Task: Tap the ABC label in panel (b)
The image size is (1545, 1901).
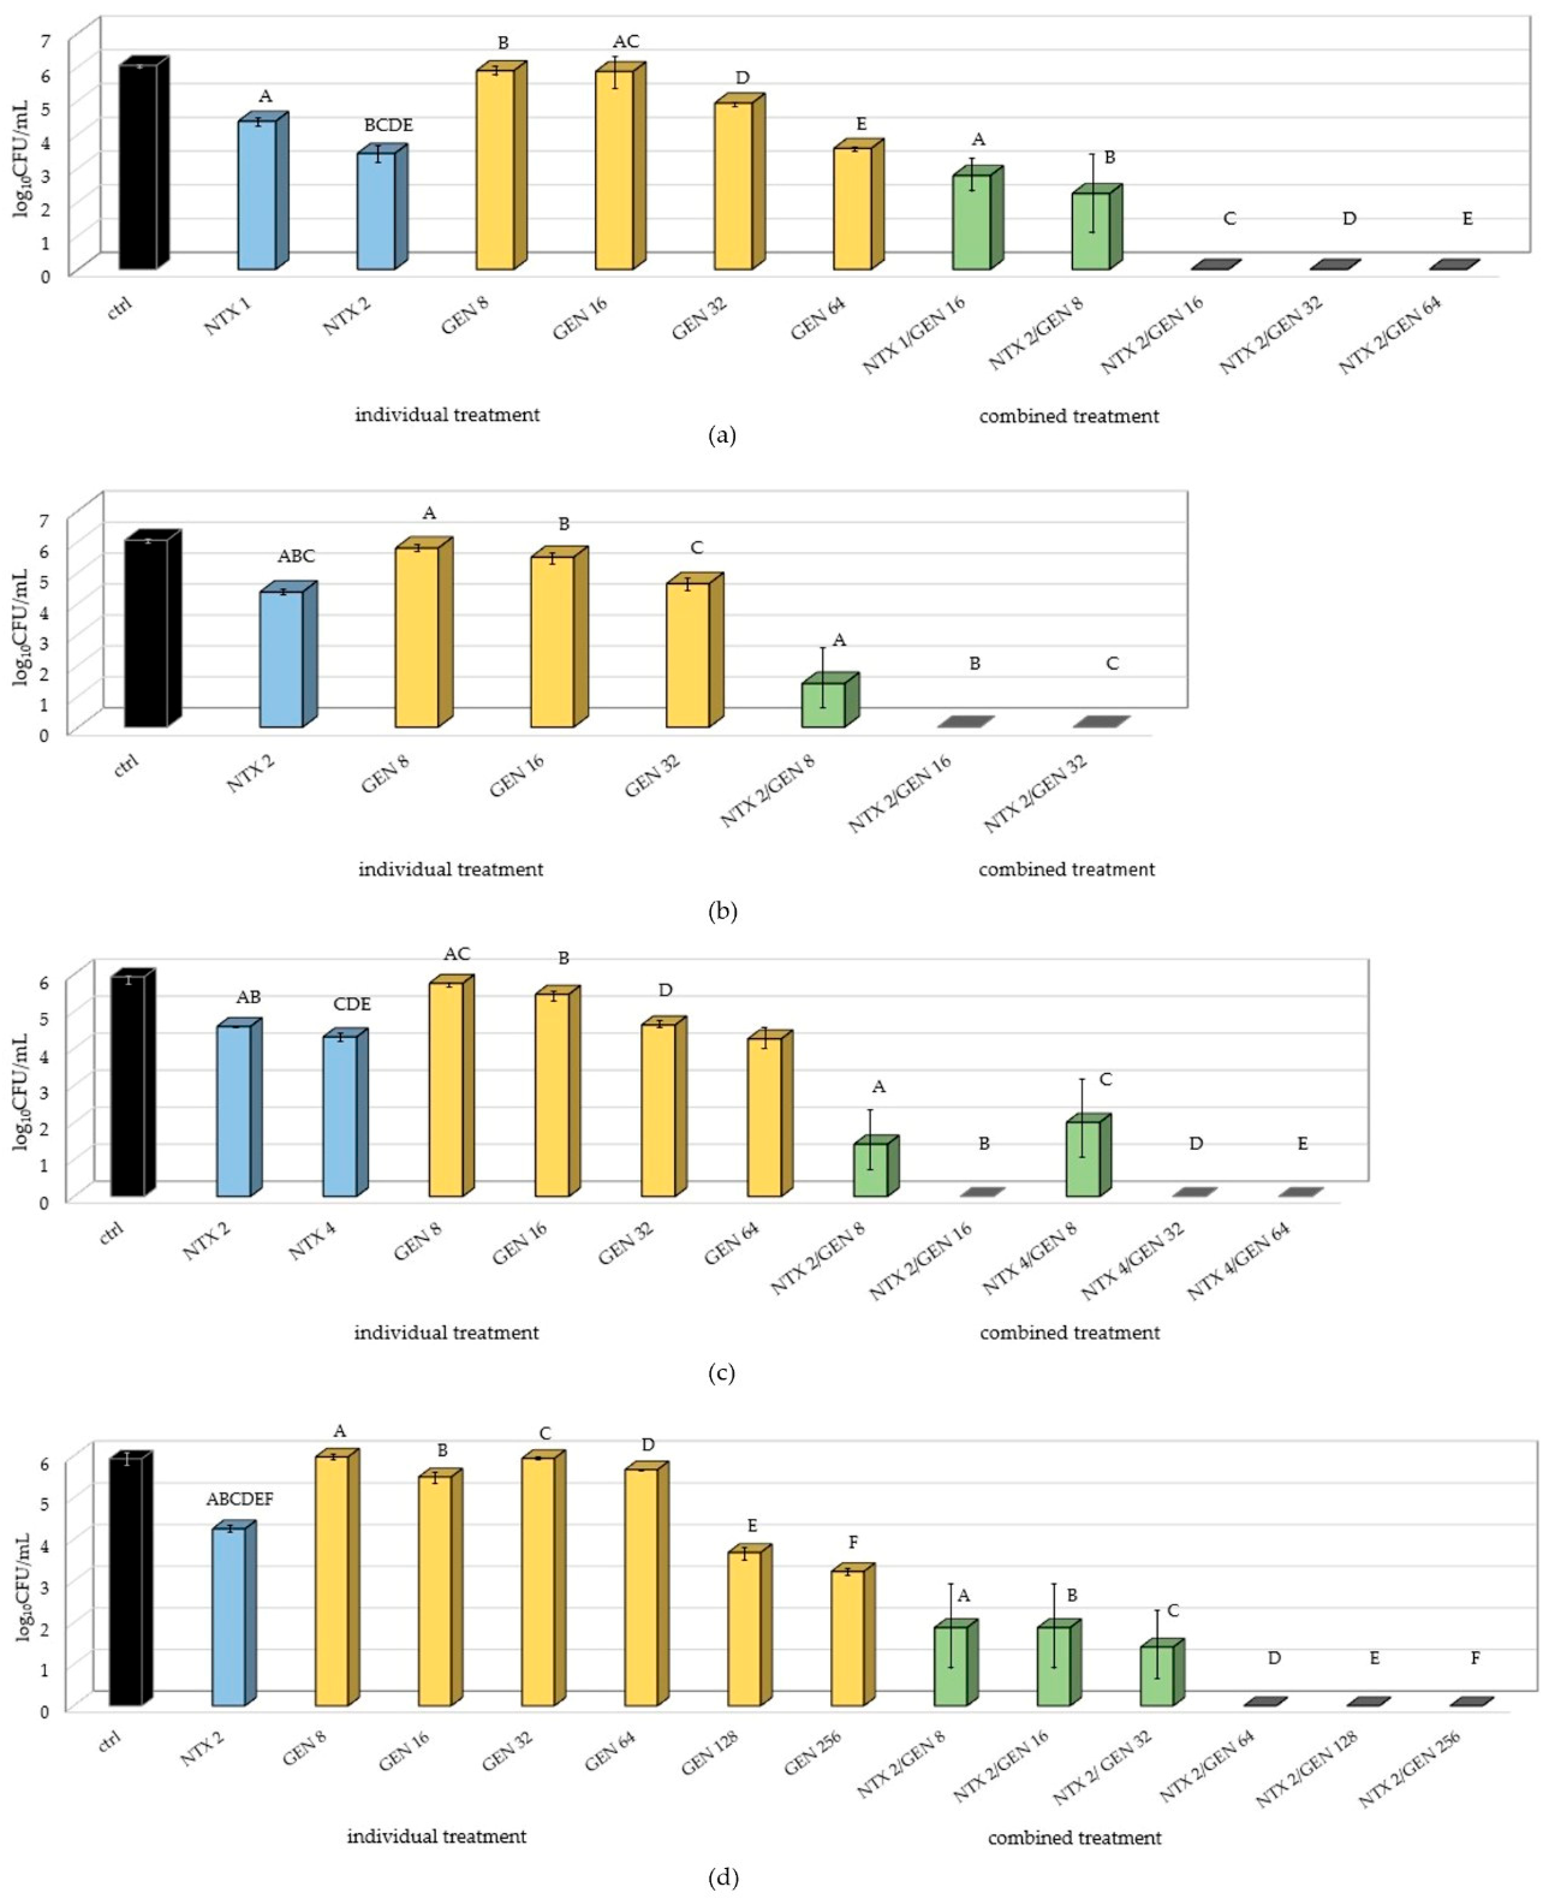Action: (x=297, y=556)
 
